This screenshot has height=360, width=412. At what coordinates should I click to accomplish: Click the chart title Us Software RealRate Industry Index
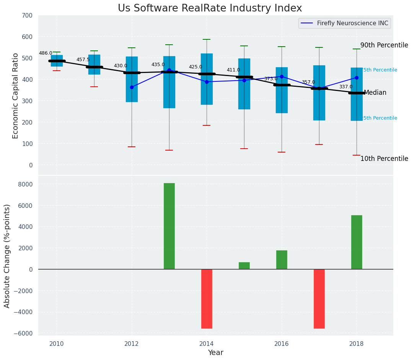210,8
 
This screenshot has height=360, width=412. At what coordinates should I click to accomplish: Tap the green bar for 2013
169,226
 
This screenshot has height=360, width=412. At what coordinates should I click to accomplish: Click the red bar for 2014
207,298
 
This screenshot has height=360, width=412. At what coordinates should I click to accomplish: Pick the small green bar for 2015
244,266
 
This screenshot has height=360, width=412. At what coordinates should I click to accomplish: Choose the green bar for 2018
357,242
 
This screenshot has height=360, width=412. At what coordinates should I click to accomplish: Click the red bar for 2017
319,298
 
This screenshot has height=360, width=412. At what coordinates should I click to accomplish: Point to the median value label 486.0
46,53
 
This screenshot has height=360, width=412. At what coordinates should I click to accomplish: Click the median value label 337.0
346,87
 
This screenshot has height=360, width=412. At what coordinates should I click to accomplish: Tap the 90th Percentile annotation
384,45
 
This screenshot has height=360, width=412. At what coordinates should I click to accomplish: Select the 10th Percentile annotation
384,159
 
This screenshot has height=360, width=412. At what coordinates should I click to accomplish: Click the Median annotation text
375,92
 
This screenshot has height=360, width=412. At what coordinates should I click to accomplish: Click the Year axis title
216,353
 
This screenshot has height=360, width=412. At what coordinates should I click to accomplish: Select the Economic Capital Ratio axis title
16,96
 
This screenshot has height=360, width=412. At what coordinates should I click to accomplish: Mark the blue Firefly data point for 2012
132,87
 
